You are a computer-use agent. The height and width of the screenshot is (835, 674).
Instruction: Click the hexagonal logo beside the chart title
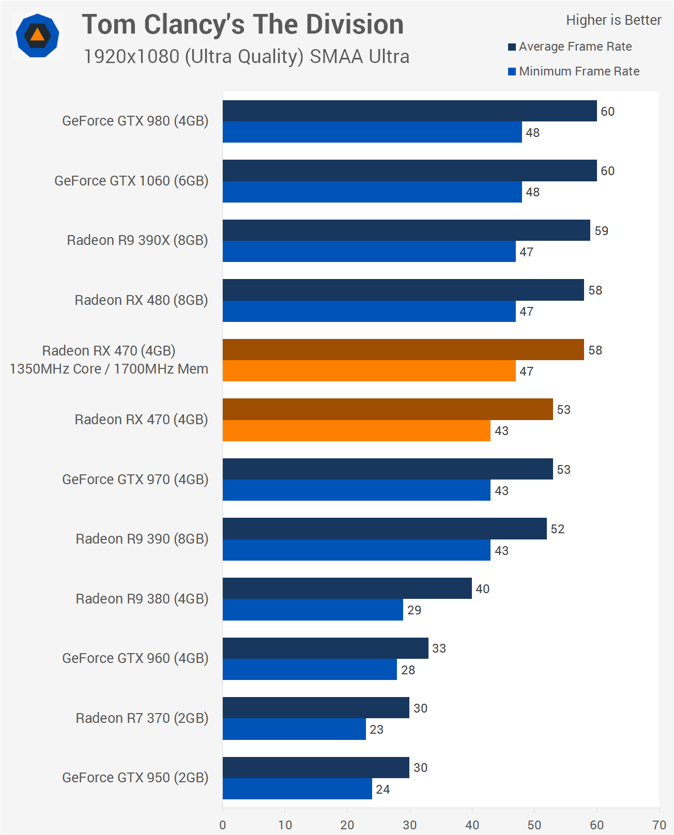click(x=37, y=36)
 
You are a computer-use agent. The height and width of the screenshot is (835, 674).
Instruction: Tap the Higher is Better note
click(x=613, y=20)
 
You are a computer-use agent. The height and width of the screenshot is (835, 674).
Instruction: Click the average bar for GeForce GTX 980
click(x=409, y=111)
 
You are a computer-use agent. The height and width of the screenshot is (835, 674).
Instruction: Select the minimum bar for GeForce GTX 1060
click(x=372, y=192)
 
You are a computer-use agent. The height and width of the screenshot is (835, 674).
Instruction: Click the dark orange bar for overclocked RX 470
click(x=403, y=350)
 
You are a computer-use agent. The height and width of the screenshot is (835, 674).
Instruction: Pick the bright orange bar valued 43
click(x=357, y=431)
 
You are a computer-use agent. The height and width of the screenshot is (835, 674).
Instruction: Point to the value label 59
click(x=601, y=231)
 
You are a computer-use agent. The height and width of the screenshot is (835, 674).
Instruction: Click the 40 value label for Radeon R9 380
click(x=482, y=589)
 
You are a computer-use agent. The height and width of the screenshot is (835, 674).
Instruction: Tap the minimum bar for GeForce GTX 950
click(x=297, y=789)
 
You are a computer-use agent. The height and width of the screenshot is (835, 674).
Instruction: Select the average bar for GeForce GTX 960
click(x=326, y=648)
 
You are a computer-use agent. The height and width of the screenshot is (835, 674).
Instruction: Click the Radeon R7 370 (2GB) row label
click(x=142, y=718)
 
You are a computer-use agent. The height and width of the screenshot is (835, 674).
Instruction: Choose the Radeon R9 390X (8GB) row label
click(x=137, y=240)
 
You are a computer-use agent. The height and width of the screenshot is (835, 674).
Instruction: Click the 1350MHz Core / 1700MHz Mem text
click(x=109, y=369)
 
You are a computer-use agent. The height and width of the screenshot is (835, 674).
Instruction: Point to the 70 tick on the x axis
click(x=659, y=825)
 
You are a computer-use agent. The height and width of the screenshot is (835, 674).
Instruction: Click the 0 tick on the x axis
click(x=223, y=825)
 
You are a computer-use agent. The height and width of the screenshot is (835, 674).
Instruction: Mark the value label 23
click(x=376, y=730)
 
